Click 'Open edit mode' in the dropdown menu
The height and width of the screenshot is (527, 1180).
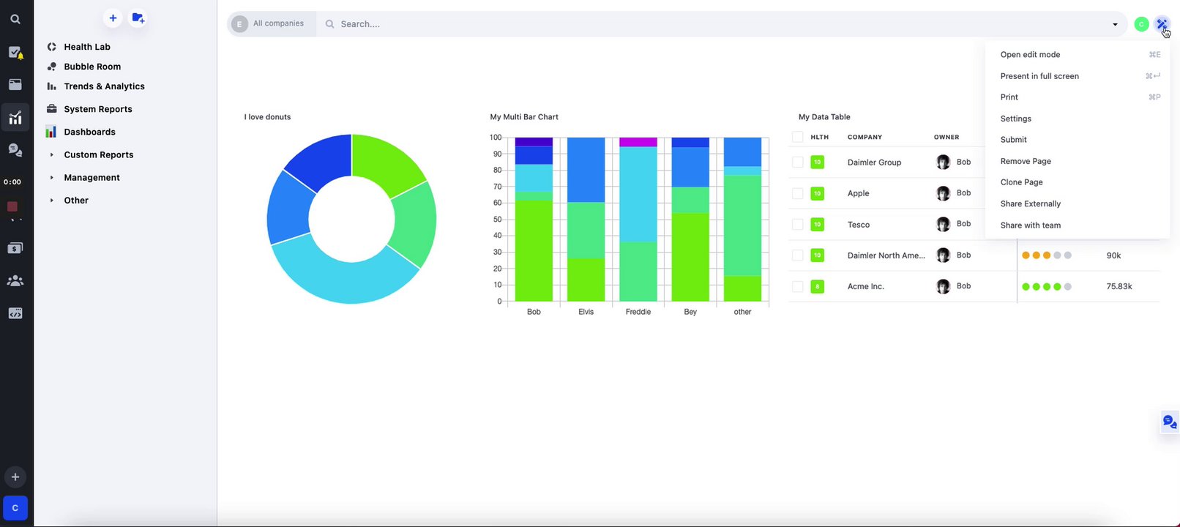(x=1030, y=55)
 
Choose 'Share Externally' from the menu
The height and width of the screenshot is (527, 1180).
(x=1030, y=204)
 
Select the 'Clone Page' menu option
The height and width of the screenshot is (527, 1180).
(x=1021, y=182)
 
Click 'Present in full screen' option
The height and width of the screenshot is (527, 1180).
(x=1039, y=76)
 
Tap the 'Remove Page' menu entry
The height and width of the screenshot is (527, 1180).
(x=1025, y=161)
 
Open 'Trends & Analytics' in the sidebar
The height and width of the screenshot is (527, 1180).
(x=104, y=86)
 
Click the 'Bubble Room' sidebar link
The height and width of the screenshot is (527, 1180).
(x=92, y=67)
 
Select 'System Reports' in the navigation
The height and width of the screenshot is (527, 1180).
(x=98, y=109)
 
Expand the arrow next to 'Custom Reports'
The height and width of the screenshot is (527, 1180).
(x=51, y=155)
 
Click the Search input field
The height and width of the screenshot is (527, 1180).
(x=717, y=24)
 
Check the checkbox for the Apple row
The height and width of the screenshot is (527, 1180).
(x=798, y=193)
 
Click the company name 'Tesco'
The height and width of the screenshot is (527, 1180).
(x=859, y=225)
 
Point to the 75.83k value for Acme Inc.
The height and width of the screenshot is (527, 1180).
(x=1119, y=287)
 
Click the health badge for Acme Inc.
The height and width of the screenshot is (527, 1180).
(x=818, y=287)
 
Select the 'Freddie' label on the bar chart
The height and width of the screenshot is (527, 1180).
(x=638, y=312)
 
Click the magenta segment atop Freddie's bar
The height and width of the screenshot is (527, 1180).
(x=638, y=142)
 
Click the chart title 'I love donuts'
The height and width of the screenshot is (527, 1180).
(x=267, y=117)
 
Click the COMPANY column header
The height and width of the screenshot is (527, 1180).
(x=865, y=138)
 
